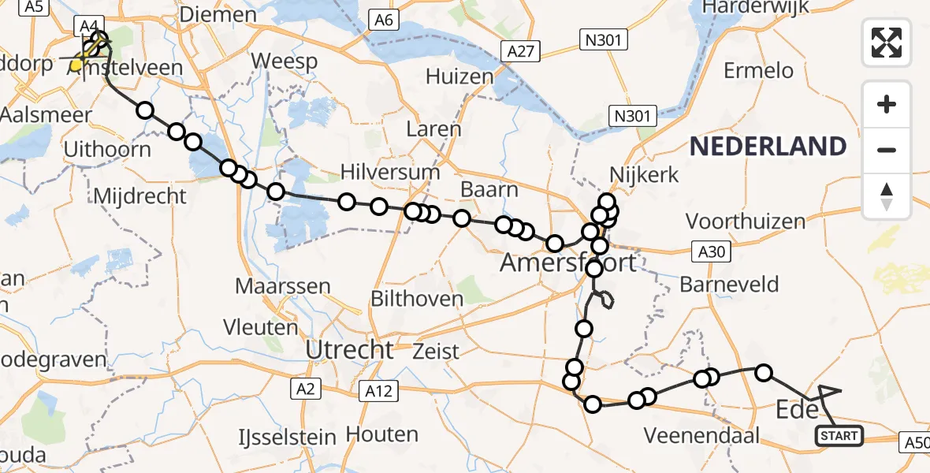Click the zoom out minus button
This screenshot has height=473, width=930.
887,150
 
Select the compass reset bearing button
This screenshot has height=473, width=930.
887,196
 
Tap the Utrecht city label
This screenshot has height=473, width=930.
349,349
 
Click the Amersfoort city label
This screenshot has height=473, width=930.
567,263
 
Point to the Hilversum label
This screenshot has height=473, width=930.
390,172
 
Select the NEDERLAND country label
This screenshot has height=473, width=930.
768,146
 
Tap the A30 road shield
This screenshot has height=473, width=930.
711,252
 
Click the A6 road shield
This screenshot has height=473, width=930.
384,20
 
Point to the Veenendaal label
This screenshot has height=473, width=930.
701,435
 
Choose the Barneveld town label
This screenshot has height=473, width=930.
729,284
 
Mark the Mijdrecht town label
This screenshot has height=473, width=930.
139,196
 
